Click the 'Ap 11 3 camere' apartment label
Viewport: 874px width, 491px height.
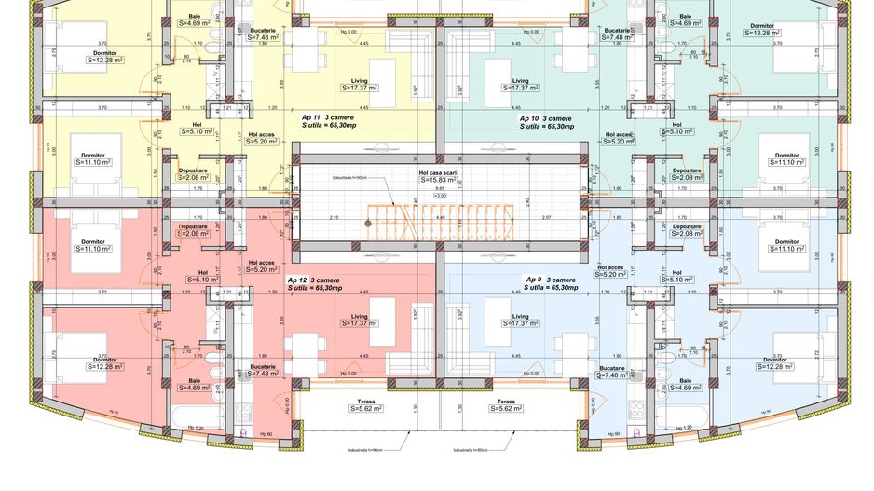(319, 117)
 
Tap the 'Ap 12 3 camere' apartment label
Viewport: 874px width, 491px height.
(312, 280)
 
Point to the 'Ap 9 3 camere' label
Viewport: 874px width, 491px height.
(551, 280)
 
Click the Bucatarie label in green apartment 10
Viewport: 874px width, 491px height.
(616, 30)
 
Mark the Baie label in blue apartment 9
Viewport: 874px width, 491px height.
(685, 380)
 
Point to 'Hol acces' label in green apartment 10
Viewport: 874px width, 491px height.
(618, 134)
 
